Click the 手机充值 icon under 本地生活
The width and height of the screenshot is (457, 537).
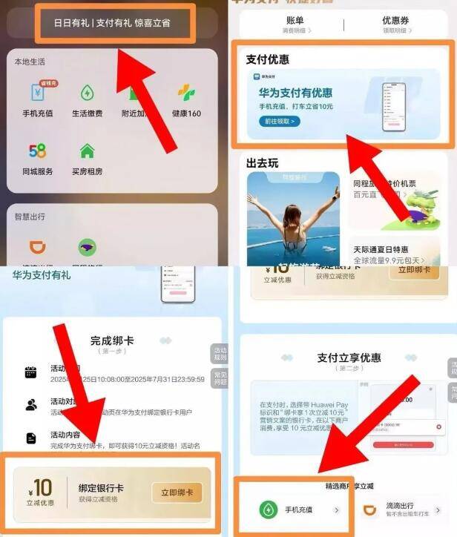tap(38, 93)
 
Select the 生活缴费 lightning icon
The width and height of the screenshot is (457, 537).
tap(88, 93)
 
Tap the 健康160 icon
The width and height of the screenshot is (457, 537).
tap(186, 93)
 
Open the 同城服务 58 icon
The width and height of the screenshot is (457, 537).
tap(38, 151)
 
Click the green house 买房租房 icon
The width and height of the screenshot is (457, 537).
tap(88, 151)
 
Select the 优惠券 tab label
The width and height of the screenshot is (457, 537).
tap(395, 21)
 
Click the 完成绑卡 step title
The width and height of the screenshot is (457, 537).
tap(112, 341)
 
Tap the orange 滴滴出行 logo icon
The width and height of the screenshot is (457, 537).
tap(370, 510)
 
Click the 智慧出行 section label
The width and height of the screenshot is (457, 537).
tap(30, 217)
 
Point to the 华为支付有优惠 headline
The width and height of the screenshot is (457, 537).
tap(295, 93)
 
